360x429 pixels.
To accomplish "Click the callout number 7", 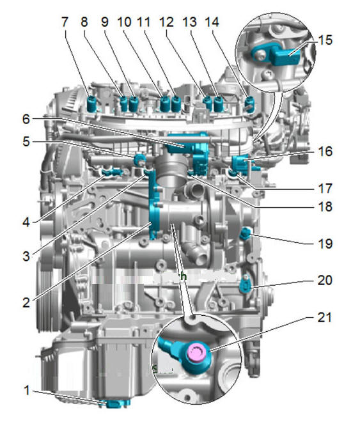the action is pos(65,22).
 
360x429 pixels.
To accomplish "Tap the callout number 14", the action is pos(212,22).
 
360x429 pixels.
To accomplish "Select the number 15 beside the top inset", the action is pos(325,40).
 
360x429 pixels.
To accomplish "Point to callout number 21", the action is pos(324,317).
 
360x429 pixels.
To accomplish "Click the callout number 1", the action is pos(27,391).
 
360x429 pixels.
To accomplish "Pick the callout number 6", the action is pos(26,120).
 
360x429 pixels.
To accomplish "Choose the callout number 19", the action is pos(325,244).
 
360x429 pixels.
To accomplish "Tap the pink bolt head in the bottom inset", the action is pos(197,352).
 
